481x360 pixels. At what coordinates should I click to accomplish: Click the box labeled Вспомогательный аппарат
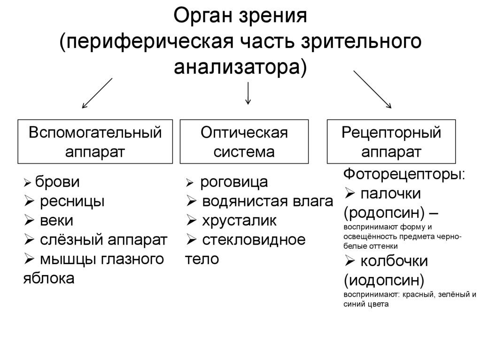(95, 141)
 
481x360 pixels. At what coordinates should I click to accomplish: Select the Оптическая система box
(244, 141)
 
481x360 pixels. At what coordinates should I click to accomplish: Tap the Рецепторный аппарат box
(391, 141)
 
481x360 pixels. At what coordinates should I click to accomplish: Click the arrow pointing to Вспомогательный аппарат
(97, 93)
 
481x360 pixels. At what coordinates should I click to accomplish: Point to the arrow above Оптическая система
(248, 93)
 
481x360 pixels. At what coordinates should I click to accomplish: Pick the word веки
(56, 221)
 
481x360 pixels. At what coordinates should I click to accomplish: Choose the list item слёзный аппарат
(103, 240)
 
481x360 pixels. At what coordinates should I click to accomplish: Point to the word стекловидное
(254, 240)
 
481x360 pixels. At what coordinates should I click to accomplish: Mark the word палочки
(391, 193)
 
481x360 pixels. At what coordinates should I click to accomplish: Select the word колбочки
(395, 261)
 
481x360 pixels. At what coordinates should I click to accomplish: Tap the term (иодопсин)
(384, 280)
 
